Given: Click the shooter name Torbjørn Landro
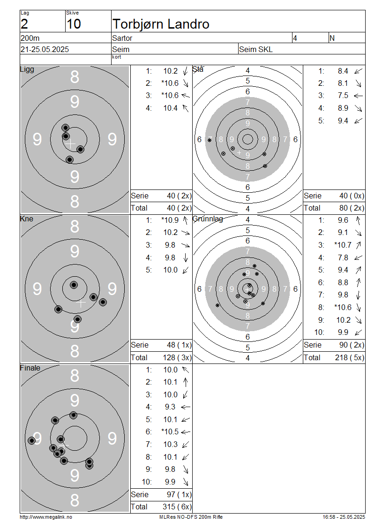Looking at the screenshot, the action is click(161, 24).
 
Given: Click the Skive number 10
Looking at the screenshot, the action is click(74, 24).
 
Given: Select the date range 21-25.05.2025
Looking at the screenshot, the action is click(45, 49).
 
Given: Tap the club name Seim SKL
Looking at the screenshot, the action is click(256, 49).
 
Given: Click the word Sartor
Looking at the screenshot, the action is click(122, 38).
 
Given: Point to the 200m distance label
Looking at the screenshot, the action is click(30, 38).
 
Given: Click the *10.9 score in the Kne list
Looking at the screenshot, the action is click(170, 220).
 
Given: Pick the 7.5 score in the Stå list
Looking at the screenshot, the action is click(343, 96).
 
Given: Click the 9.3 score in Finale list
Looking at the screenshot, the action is click(170, 407).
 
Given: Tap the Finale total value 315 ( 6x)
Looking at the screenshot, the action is click(177, 507).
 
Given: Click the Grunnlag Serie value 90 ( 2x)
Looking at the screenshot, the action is click(352, 345).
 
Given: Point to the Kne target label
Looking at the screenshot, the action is click(27, 219).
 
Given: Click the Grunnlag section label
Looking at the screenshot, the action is click(208, 219).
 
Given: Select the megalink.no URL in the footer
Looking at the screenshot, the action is click(46, 517).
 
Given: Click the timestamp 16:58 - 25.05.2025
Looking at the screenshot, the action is click(344, 517).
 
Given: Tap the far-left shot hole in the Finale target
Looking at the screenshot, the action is click(32, 440).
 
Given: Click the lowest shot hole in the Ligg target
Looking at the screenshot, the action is click(69, 159).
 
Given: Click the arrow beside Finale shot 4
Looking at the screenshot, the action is click(186, 407).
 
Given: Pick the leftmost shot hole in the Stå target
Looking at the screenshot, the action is click(210, 140).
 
